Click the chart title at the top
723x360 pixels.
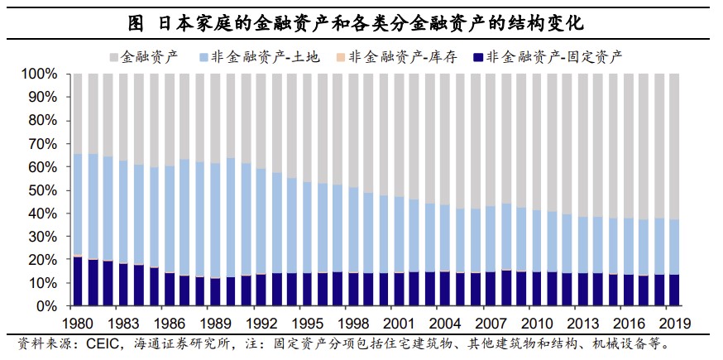point(361,19)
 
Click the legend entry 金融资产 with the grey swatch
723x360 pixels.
point(141,57)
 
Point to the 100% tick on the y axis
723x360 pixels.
point(39,74)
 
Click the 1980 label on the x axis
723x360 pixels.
point(78,323)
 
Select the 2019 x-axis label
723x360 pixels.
point(675,323)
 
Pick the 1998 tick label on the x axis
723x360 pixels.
point(353,323)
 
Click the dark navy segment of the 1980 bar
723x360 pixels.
point(78,281)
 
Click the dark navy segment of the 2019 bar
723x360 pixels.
point(675,290)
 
